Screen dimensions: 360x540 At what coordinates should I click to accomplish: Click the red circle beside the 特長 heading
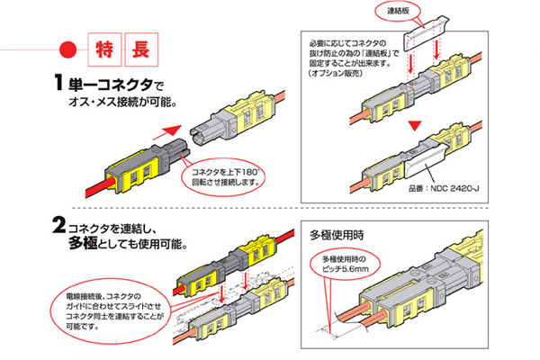pos(65,46)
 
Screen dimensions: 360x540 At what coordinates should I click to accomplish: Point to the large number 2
pos(62,221)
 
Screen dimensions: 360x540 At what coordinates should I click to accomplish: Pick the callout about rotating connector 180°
pos(222,175)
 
